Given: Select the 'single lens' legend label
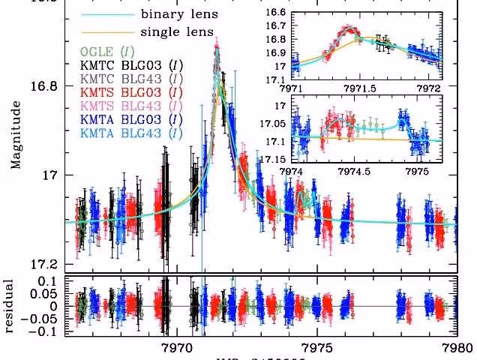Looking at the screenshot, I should click(x=174, y=32).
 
